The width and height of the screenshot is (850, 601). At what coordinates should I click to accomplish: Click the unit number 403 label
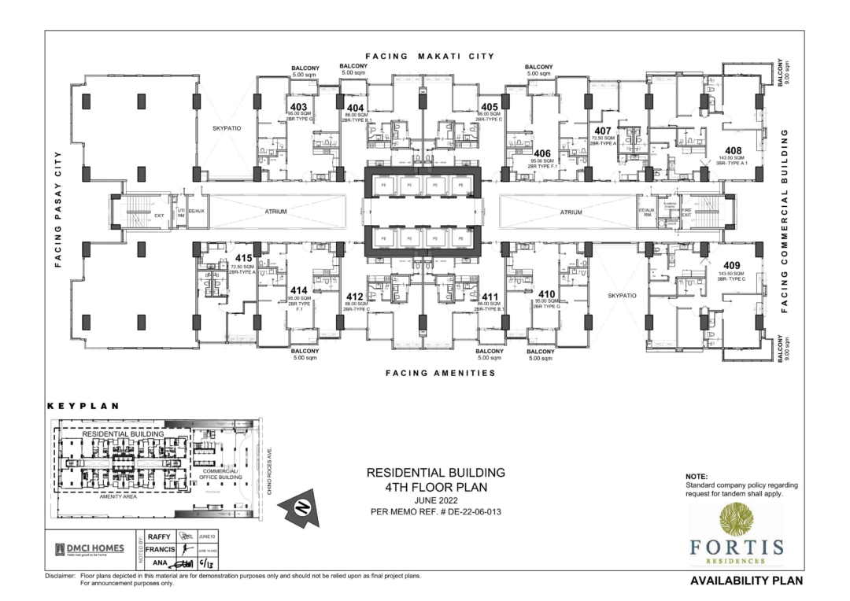[x=298, y=107]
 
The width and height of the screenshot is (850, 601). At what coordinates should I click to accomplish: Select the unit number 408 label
[x=733, y=150]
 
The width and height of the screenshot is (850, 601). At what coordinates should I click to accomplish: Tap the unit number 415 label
[x=242, y=259]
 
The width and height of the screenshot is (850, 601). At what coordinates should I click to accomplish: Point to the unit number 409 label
[x=732, y=265]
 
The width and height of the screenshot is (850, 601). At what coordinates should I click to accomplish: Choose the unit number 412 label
[x=355, y=296]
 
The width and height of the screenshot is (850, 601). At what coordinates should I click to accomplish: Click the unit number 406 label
[x=541, y=153]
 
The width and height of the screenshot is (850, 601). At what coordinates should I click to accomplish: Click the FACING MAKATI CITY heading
[x=430, y=57]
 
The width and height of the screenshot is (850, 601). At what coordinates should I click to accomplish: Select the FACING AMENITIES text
[x=440, y=373]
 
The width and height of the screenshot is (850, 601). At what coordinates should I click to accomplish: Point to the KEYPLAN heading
[x=83, y=407]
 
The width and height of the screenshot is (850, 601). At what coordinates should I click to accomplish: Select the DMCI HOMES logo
[x=89, y=549]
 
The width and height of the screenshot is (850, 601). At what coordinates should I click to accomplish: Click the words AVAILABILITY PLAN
[x=746, y=582]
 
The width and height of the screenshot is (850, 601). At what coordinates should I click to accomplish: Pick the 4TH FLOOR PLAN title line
[x=436, y=487]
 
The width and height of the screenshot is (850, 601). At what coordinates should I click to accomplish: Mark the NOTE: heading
[x=697, y=477]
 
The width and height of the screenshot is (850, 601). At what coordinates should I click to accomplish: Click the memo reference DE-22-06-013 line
[x=436, y=512]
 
